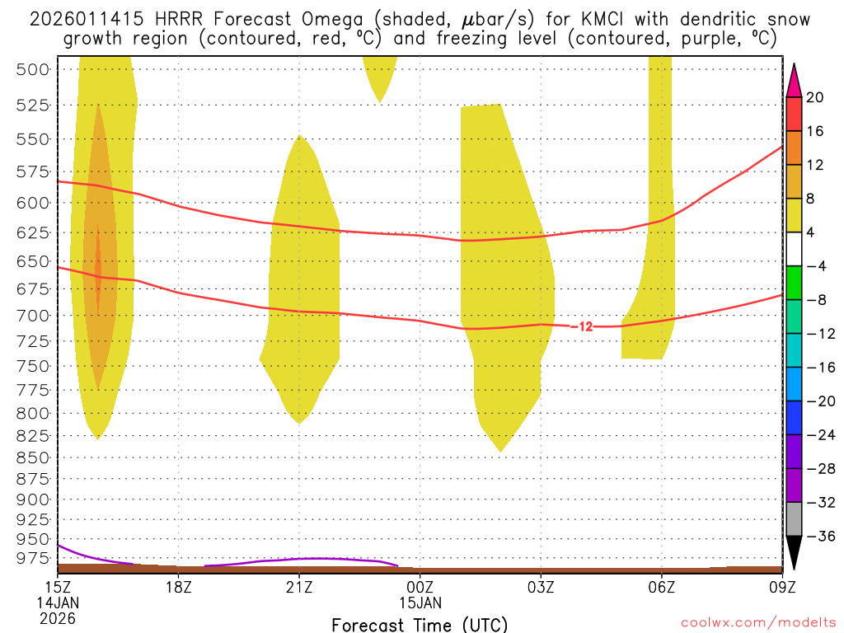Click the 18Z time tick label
(x=178, y=588)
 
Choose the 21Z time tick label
(x=299, y=588)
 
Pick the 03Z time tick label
(x=541, y=588)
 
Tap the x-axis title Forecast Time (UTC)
(x=420, y=624)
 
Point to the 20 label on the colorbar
(x=815, y=98)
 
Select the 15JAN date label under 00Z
(x=420, y=603)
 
